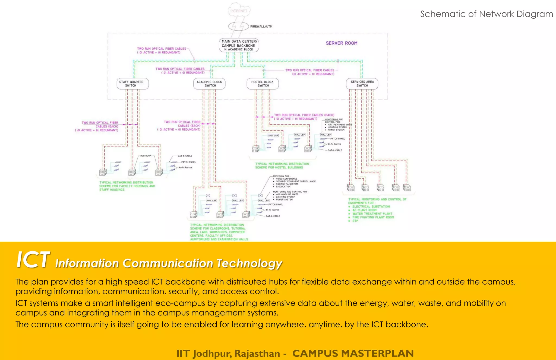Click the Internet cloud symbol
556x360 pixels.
[x=239, y=10]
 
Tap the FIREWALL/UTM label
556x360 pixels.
[x=261, y=27]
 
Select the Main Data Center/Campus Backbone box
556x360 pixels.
[x=239, y=45]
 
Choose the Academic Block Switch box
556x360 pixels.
[x=209, y=84]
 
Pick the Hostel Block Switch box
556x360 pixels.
[x=263, y=84]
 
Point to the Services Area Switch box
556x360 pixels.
[x=362, y=84]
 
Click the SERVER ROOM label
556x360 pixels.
[x=342, y=43]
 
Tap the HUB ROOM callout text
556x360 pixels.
[x=146, y=156]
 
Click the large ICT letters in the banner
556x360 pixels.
[x=33, y=260]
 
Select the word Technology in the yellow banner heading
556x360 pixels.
[x=249, y=263]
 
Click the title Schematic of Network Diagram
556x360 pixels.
[x=486, y=14]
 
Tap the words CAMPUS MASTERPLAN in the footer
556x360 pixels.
[x=353, y=353]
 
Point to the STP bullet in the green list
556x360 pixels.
[x=355, y=221]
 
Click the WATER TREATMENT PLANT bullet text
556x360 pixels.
[x=372, y=214]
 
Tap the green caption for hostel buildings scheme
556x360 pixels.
[x=282, y=166]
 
